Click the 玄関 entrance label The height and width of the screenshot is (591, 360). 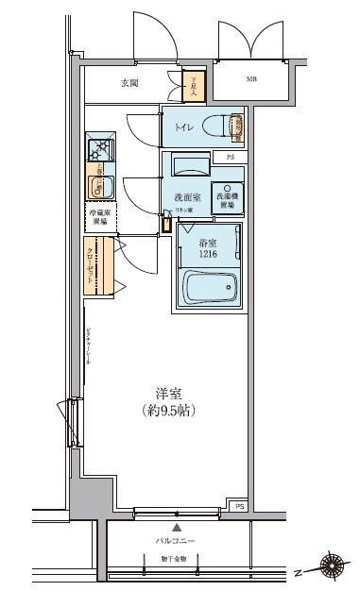[130, 83]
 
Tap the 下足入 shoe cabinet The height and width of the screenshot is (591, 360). [194, 87]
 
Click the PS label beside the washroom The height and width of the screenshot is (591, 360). [231, 156]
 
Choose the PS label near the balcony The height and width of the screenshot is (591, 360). [240, 506]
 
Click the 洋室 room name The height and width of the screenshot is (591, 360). [170, 393]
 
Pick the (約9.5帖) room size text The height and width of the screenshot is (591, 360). [170, 411]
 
